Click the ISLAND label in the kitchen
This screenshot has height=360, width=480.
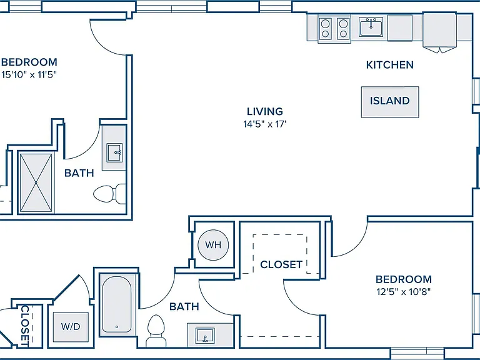click(390, 101)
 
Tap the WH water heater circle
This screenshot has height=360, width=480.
click(213, 245)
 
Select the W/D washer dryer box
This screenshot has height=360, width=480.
click(71, 327)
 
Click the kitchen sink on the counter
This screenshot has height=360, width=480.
click(371, 27)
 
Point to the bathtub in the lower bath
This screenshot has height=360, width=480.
click(117, 304)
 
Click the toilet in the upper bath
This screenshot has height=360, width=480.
click(109, 194)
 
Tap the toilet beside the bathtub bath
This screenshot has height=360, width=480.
click(156, 331)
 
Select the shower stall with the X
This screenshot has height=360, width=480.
click(36, 182)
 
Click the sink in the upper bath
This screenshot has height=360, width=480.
click(114, 152)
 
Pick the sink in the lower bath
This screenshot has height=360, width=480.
click(205, 336)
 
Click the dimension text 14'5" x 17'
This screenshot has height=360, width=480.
click(265, 124)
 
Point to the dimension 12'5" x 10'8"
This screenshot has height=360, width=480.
click(404, 292)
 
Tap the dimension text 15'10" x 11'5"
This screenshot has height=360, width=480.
click(29, 75)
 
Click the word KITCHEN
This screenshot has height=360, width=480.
click(390, 65)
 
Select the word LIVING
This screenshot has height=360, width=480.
click(265, 111)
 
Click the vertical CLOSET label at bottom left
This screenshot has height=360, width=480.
click(24, 326)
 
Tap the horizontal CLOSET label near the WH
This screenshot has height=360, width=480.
click(281, 264)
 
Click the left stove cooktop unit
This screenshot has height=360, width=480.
click(326, 28)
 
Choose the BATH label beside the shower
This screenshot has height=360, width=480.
click(79, 173)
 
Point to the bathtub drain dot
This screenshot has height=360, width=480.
click(117, 327)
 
